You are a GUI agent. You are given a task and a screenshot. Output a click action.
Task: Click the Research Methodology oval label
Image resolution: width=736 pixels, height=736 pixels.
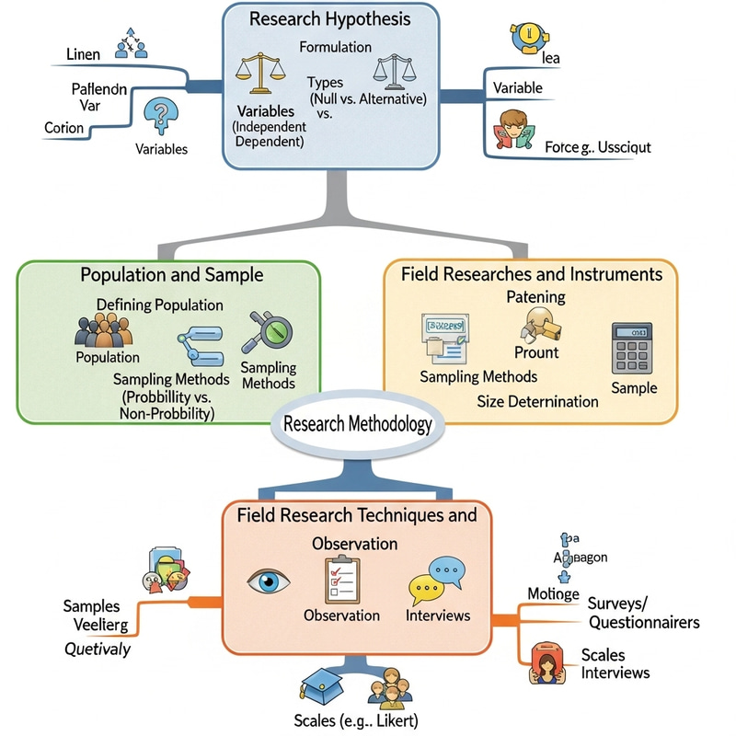pos(357,425)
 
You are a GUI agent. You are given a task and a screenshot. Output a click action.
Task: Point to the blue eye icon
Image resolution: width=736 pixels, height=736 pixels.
pos(270,581)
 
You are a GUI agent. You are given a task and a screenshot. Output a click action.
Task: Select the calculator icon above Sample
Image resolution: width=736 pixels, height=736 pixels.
pos(632,348)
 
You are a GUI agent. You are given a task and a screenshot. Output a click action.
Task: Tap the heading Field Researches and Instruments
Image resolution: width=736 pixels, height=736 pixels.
pos(532,274)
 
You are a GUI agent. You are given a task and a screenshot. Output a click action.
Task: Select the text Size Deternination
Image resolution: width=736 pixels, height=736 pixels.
pos(537,401)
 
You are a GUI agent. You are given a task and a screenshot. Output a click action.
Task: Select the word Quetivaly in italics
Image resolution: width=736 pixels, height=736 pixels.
pos(97,650)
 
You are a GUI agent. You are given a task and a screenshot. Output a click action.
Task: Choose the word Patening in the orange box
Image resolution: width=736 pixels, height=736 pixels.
pos(535,297)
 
